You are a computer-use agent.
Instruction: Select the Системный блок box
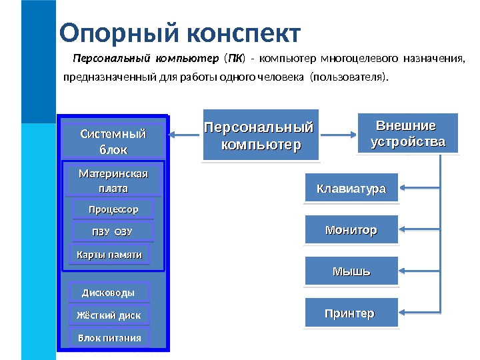pos(113,141)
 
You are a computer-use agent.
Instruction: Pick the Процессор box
pos(113,210)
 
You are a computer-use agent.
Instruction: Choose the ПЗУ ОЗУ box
pos(113,232)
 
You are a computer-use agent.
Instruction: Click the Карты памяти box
pos(109,255)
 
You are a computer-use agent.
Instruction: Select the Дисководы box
pos(109,292)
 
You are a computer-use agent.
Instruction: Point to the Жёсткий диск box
pos(109,315)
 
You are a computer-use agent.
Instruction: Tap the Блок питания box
pos(109,337)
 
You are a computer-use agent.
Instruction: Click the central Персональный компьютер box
pos(261,135)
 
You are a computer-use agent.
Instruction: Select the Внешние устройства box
pos(408,133)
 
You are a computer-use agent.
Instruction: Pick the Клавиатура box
pos(351,189)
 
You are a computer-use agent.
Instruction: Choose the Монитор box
pos(351,230)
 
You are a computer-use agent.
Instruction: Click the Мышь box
pos(351,272)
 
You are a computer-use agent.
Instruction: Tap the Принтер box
pos(351,313)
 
